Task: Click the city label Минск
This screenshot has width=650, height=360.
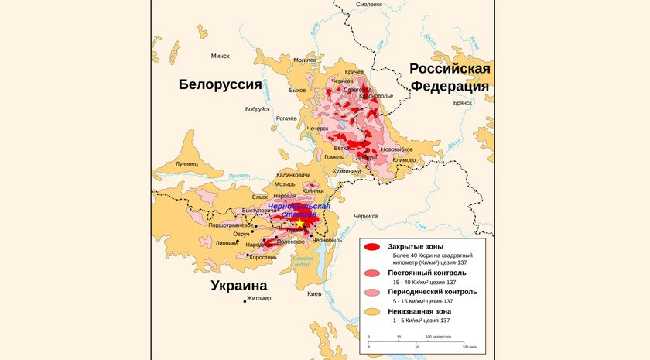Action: [x=221, y=56]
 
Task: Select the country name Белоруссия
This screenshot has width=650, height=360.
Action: [x=220, y=84]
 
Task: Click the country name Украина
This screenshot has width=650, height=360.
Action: [x=244, y=286]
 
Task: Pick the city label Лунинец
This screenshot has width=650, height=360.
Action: [x=186, y=164]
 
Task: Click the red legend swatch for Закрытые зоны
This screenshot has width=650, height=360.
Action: [x=372, y=247]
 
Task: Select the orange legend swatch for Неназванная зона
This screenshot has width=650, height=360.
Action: [x=372, y=311]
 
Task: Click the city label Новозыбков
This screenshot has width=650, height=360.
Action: [x=397, y=149]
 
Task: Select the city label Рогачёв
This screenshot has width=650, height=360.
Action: [x=286, y=118]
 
